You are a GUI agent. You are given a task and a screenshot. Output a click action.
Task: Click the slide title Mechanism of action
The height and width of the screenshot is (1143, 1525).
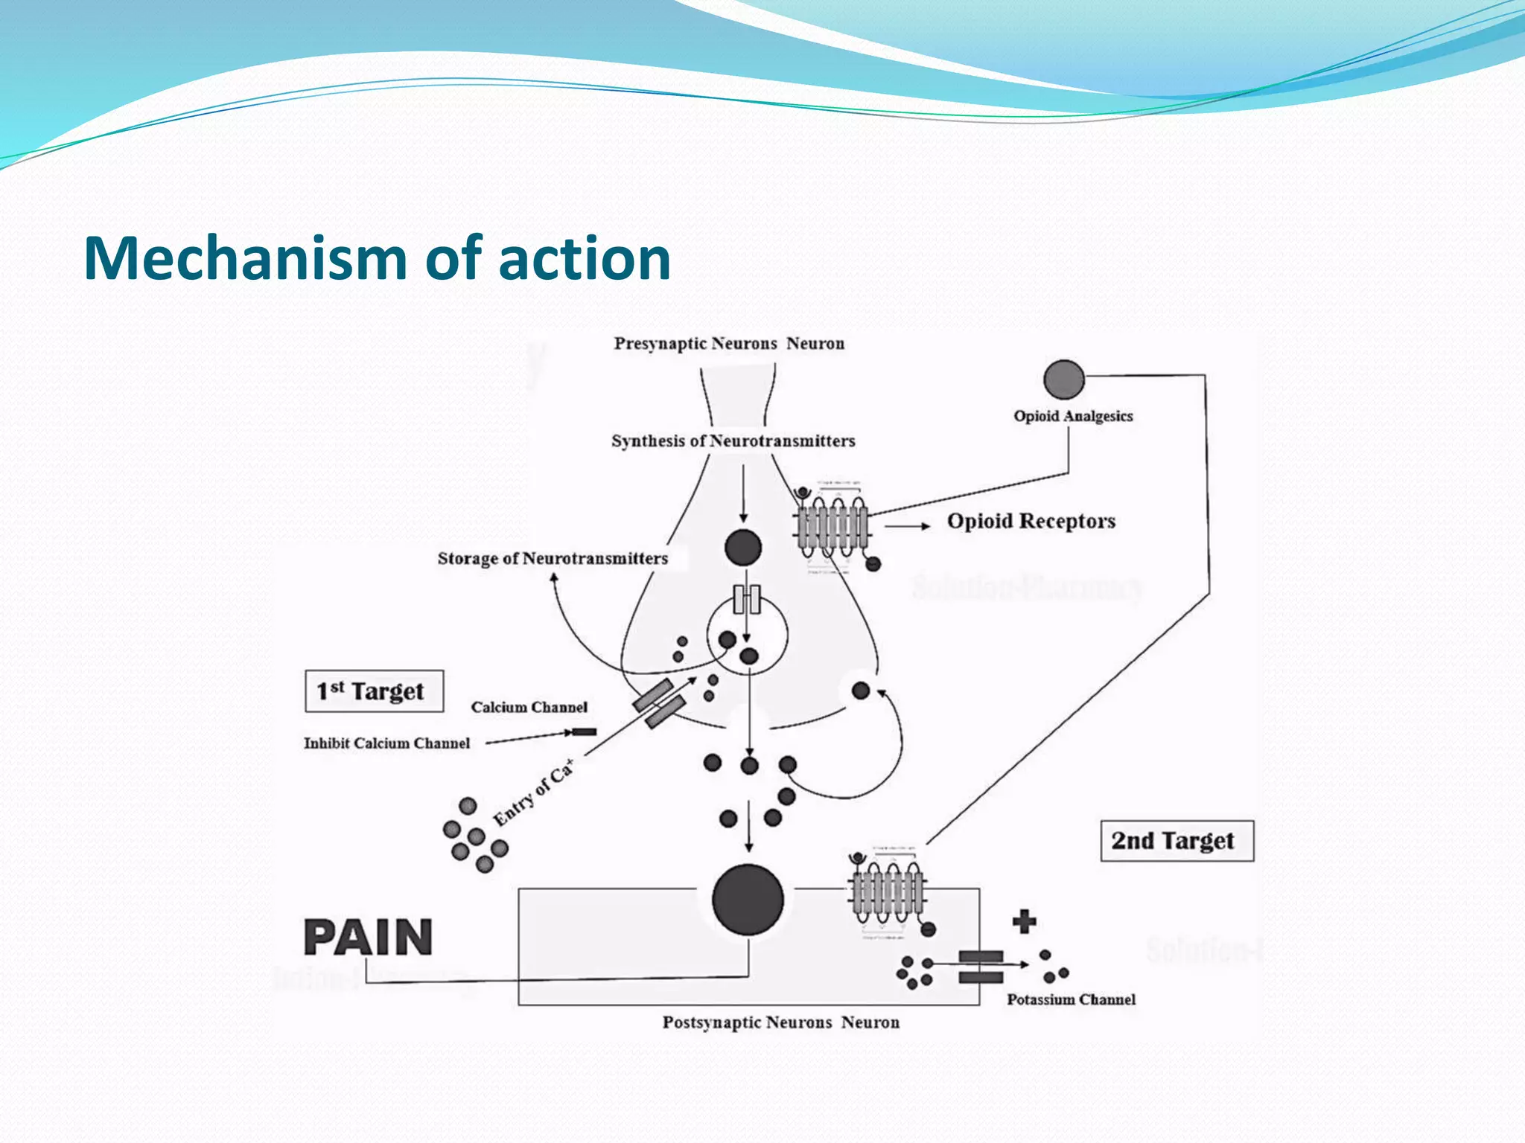click(377, 257)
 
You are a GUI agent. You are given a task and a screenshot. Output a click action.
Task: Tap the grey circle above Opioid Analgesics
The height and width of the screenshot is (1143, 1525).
click(1063, 380)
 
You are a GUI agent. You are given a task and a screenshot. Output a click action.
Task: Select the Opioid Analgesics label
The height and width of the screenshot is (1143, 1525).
click(1072, 417)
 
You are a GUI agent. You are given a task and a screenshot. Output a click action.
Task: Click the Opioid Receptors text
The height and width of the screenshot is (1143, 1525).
click(1031, 521)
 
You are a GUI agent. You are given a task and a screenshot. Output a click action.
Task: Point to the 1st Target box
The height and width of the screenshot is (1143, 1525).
click(374, 691)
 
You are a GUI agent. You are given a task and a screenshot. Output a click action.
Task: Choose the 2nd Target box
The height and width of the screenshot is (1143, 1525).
click(1177, 841)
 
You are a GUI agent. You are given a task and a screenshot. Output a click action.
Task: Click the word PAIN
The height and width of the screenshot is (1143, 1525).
click(368, 938)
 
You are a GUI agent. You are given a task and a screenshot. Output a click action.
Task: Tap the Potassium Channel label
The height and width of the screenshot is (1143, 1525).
click(1071, 999)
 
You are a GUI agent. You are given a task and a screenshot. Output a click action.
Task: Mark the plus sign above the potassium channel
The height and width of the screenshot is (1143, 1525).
click(1025, 922)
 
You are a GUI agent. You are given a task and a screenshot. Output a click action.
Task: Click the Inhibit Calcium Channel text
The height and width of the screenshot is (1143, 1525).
click(386, 743)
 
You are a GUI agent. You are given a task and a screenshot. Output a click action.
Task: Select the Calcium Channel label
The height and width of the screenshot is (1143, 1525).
click(529, 707)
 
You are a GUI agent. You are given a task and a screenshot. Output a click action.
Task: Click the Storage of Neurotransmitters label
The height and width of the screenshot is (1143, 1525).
click(553, 558)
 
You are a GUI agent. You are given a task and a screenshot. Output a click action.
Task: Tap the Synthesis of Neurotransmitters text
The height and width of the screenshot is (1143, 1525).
click(733, 441)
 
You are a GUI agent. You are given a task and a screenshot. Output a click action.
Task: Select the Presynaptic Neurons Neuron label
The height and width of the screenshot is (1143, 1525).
click(729, 344)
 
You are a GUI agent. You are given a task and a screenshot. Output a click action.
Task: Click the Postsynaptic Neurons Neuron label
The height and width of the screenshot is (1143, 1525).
click(780, 1022)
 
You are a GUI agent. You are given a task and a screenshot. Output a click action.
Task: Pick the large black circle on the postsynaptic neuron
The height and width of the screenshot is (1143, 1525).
click(748, 900)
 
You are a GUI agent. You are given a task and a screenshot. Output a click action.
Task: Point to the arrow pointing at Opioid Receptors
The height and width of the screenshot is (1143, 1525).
click(908, 526)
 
